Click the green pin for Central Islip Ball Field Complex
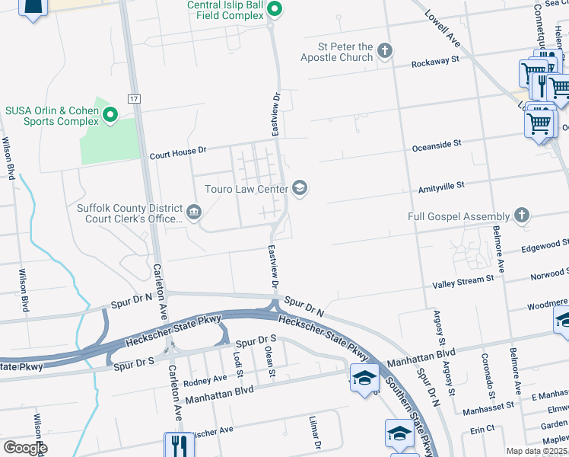(275, 9)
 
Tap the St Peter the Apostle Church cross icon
(385, 51)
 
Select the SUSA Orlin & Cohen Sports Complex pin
(110, 115)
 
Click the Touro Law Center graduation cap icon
(300, 188)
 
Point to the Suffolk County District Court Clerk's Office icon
(194, 212)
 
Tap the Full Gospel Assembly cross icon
(521, 216)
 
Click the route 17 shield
(134, 99)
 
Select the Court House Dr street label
(178, 151)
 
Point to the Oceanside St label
(437, 142)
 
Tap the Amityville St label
(440, 185)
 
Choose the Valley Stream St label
(463, 283)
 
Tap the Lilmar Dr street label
(313, 433)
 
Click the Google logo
(25, 448)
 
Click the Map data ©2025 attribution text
(536, 451)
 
